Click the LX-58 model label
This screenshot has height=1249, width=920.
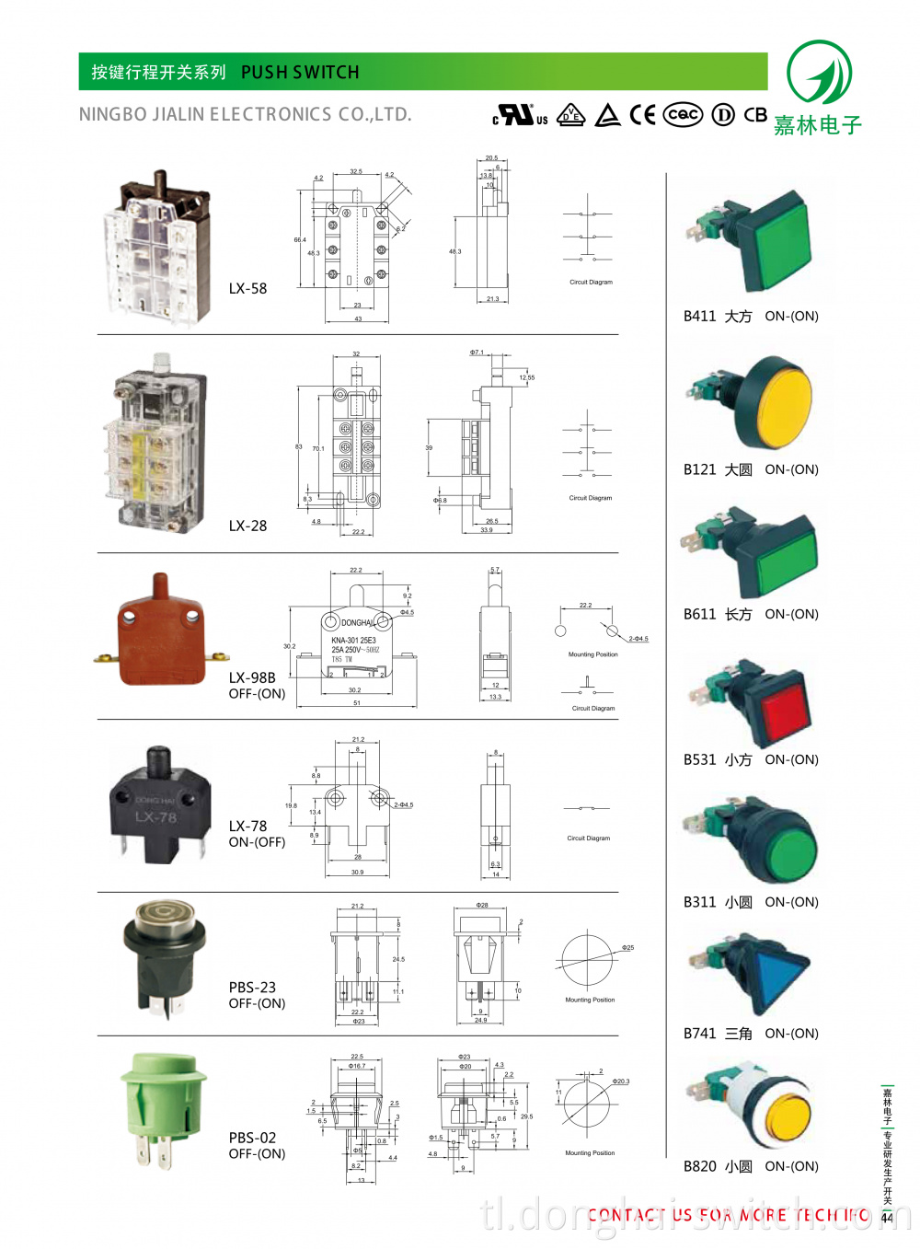247,288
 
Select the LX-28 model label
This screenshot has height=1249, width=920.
247,526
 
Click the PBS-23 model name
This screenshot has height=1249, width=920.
252,987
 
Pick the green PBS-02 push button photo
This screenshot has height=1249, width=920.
162,1105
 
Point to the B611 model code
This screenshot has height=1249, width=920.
699,614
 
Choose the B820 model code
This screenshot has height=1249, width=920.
699,1166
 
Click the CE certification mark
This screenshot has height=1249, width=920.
642,115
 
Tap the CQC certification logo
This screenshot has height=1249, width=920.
683,114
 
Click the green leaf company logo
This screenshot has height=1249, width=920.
819,73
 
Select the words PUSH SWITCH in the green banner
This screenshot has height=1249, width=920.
300,72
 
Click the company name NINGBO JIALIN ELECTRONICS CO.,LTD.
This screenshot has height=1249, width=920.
245,115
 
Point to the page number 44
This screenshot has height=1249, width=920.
887,1218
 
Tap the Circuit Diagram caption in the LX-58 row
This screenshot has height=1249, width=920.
591,283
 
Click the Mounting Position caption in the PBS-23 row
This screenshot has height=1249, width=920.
590,1000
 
